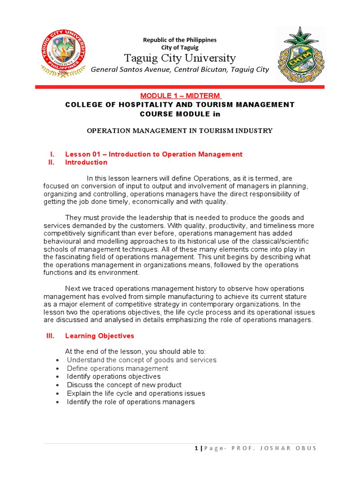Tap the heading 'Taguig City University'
click(x=180, y=58)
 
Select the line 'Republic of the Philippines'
click(x=180, y=40)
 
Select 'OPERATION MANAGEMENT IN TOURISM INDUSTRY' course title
click(x=180, y=131)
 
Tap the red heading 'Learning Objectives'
click(x=99, y=336)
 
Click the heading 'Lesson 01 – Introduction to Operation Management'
click(x=154, y=154)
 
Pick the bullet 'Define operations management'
click(x=117, y=368)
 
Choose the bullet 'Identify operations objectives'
click(x=113, y=376)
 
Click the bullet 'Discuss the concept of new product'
click(x=124, y=385)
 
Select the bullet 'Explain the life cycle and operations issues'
click(x=136, y=393)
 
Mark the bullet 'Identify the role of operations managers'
click(x=131, y=402)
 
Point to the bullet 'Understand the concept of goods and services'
click(x=142, y=360)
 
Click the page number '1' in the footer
click(x=196, y=448)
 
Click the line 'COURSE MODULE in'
click(x=180, y=114)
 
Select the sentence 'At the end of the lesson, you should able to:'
click(x=135, y=352)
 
